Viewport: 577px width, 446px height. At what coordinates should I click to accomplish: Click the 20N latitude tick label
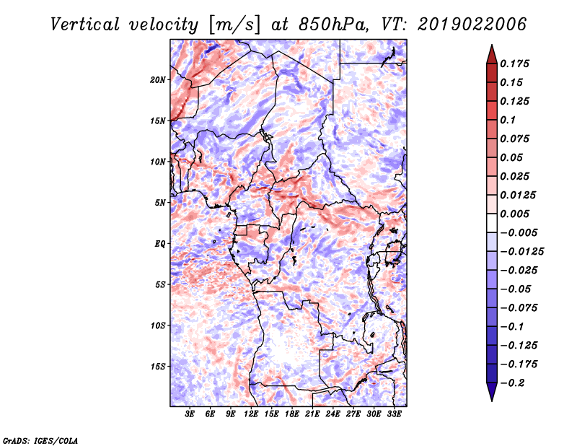point(158,79)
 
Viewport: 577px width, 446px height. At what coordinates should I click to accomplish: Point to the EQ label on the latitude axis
point(159,244)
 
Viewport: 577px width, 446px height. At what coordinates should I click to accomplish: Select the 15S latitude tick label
point(158,367)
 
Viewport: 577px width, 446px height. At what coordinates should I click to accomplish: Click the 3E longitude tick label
point(190,414)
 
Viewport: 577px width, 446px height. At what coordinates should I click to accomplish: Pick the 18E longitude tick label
point(292,414)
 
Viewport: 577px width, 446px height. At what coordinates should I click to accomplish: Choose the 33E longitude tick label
point(394,414)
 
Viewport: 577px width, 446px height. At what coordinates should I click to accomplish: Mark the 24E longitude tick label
point(333,414)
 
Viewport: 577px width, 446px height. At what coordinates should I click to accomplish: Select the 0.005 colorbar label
point(516,214)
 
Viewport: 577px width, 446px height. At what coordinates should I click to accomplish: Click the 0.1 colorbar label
point(509,120)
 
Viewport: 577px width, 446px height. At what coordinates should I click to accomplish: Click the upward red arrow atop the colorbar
point(491,53)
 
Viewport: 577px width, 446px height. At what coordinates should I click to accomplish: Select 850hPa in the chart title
point(331,24)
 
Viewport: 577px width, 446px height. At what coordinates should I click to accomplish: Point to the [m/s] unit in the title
point(232,24)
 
